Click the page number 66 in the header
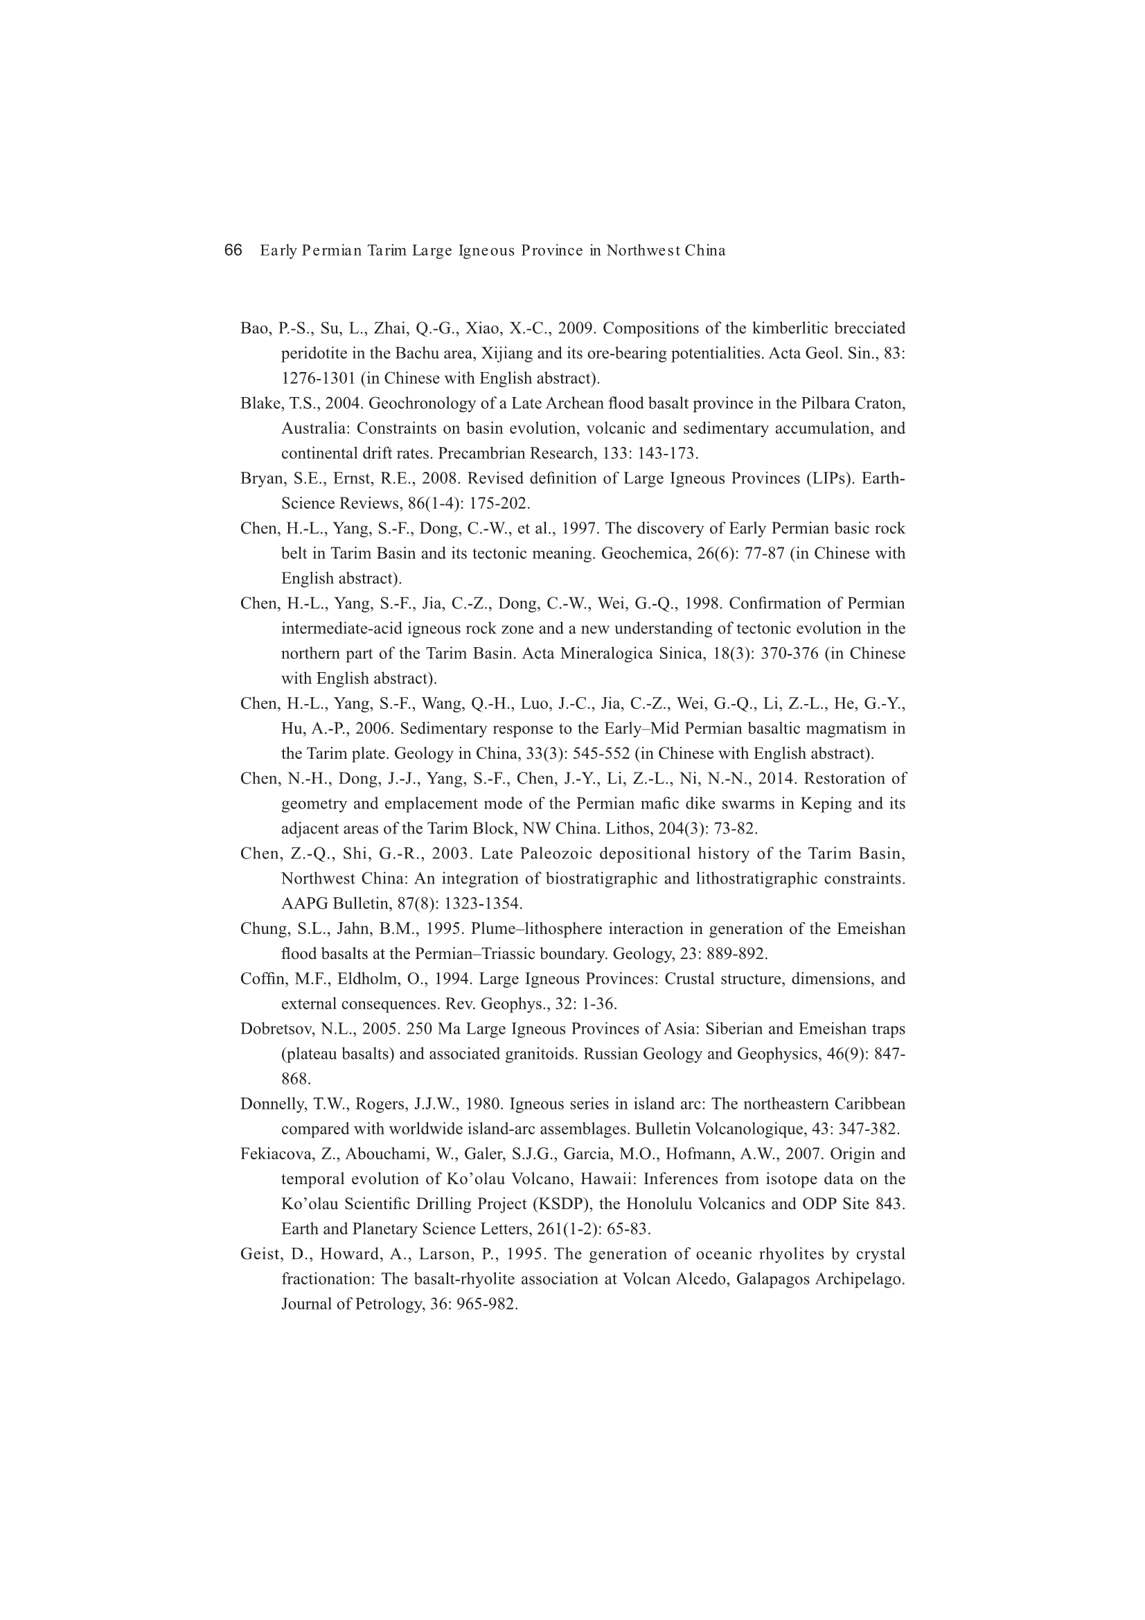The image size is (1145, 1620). (x=233, y=250)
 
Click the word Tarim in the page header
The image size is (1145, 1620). (x=385, y=250)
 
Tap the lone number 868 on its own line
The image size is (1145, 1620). (x=296, y=1079)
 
